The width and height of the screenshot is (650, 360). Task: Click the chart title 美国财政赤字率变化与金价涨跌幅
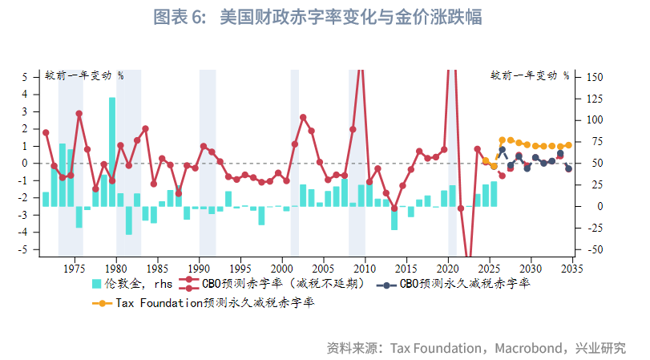(352, 18)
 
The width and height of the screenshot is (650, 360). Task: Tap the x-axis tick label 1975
(75, 267)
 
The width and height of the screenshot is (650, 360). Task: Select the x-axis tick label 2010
(365, 267)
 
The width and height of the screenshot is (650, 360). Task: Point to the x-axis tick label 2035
(572, 267)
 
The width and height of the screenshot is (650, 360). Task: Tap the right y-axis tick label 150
(595, 77)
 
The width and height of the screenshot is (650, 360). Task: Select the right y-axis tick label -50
(595, 249)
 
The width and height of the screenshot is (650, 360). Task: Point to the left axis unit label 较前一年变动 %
(83, 75)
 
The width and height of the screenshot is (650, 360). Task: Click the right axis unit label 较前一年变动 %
(529, 75)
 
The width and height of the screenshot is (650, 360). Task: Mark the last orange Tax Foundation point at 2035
(569, 145)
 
